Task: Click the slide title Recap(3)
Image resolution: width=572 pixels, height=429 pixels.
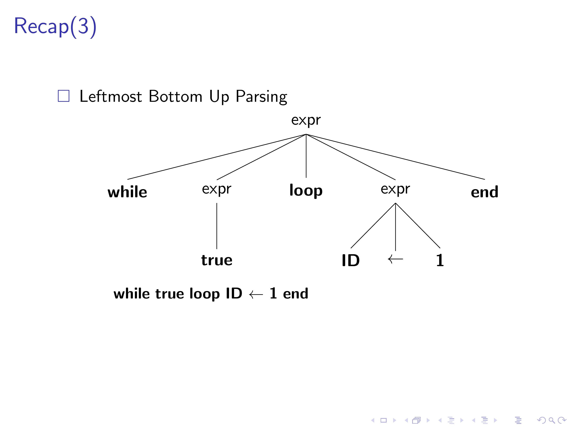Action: [x=55, y=26]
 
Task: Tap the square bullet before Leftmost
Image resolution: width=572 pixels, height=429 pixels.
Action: [x=63, y=96]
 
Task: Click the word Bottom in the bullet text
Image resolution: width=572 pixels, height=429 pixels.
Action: [x=175, y=96]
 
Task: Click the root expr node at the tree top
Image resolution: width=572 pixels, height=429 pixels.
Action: [x=306, y=120]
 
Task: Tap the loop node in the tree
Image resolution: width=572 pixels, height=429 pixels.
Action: [x=306, y=191]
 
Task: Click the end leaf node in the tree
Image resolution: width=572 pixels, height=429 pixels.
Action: [x=484, y=192]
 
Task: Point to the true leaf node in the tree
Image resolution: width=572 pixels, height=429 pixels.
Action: [x=217, y=260]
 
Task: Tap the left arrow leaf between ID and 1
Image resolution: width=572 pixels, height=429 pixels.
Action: [x=395, y=259]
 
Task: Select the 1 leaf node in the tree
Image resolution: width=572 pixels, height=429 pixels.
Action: [x=440, y=260]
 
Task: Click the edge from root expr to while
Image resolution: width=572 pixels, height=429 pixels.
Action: [x=217, y=157]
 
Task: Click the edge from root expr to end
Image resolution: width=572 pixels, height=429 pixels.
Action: [x=395, y=157]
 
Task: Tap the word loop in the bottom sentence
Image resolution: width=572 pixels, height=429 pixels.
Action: [x=204, y=294]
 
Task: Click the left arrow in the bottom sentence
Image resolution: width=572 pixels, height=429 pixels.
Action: [x=256, y=294]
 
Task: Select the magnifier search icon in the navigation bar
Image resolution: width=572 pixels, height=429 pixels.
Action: [x=552, y=420]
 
